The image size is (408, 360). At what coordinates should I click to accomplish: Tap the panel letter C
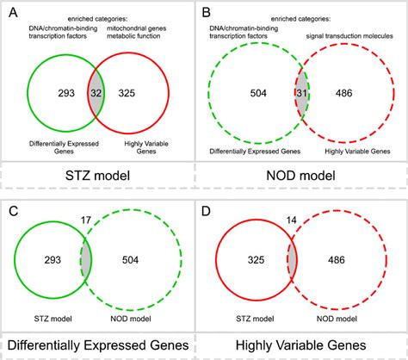(9, 212)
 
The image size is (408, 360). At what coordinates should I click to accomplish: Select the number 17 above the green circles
(83, 220)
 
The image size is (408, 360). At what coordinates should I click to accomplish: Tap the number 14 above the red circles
(290, 220)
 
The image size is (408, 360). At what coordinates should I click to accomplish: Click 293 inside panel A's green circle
(55, 90)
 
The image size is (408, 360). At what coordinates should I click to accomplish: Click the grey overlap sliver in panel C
(86, 258)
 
